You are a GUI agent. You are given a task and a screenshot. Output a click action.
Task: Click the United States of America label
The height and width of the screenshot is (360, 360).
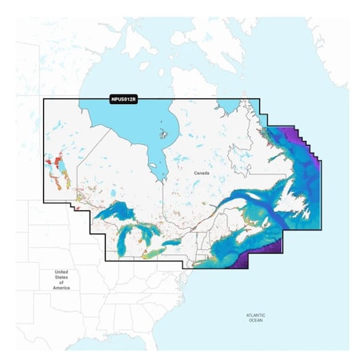pyautogui.click(x=62, y=280)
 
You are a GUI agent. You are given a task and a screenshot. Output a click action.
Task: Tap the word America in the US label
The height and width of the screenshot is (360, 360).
pyautogui.click(x=62, y=287)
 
